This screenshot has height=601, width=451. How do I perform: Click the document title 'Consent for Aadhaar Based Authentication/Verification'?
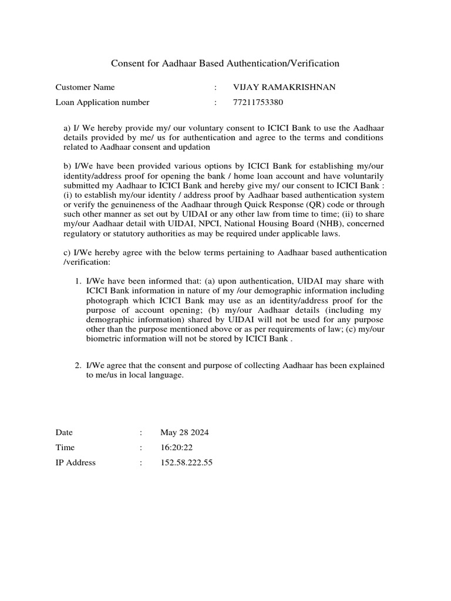[225, 63]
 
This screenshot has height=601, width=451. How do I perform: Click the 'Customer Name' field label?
[85, 87]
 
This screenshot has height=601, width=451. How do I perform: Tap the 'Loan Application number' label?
[102, 102]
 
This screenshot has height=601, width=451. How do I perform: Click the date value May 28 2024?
[184, 433]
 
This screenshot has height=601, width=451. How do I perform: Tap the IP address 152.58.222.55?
[186, 462]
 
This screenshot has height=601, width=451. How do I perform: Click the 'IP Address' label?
[75, 462]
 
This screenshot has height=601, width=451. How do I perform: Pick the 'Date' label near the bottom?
[64, 433]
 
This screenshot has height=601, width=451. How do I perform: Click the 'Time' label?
[65, 447]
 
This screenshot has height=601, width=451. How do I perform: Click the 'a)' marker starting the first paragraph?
[67, 128]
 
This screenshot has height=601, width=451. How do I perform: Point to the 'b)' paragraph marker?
[67, 166]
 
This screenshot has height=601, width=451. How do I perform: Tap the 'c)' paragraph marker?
[66, 252]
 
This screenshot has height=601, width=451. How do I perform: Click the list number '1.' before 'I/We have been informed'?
[78, 281]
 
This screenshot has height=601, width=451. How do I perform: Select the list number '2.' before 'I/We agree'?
[78, 365]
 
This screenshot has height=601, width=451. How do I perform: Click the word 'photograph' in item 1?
[106, 300]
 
